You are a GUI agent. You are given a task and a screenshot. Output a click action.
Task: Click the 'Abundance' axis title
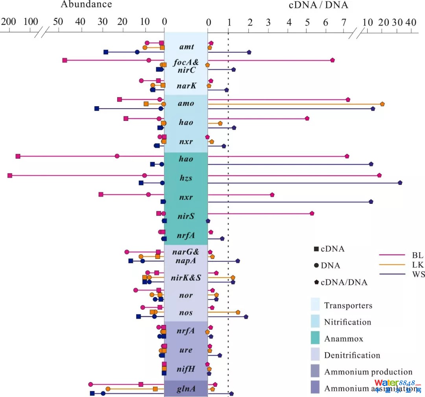[86, 5]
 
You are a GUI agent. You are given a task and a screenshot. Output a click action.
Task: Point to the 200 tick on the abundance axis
[7, 22]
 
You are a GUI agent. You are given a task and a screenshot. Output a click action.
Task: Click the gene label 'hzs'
[186, 178]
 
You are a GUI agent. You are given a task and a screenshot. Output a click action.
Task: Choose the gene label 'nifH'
[186, 369]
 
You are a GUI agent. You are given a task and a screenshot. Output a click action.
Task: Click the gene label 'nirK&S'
[186, 278]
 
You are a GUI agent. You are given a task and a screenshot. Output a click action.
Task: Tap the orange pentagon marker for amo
[382, 104]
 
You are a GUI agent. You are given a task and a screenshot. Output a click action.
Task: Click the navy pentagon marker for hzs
[400, 183]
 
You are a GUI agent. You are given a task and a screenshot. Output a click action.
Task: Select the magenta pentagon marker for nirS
[312, 213]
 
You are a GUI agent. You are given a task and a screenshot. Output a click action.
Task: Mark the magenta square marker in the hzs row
[10, 175]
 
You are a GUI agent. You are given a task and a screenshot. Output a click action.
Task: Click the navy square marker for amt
[106, 52]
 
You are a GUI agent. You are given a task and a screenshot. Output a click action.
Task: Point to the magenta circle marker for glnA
[91, 384]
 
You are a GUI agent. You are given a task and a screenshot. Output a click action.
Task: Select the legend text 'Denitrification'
[352, 355]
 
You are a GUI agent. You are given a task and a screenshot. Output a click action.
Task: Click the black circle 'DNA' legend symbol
[316, 266]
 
